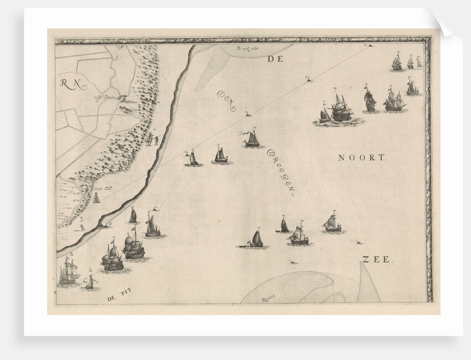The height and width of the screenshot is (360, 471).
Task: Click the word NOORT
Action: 361,158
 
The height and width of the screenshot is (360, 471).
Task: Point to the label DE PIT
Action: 120,298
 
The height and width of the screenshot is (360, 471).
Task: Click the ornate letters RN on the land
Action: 71,84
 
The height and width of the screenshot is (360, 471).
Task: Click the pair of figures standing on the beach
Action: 152,140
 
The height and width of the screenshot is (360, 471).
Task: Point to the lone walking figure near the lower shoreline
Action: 81,227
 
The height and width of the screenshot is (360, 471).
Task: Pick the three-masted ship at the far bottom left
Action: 68,273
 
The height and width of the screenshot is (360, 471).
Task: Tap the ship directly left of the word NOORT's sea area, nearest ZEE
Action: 332,224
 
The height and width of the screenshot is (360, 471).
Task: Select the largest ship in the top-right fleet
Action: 341,109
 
